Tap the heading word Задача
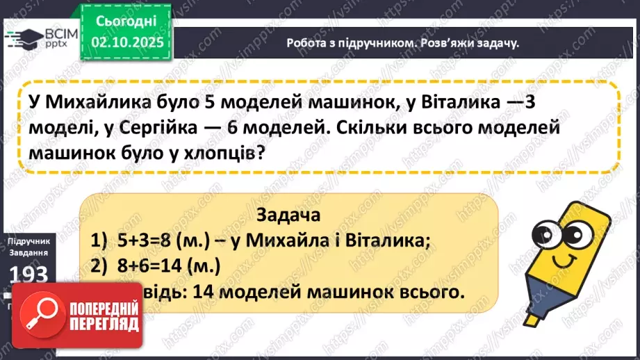[288, 214]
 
